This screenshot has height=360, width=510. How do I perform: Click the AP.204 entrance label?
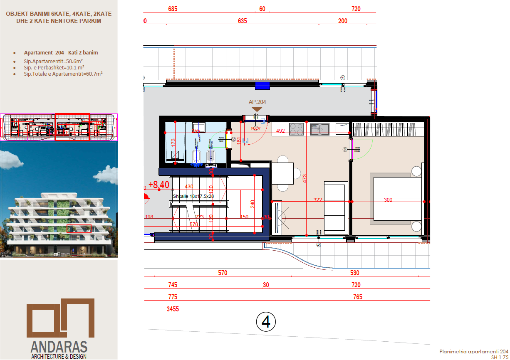[257, 102]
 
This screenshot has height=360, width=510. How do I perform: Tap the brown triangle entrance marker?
[257, 109]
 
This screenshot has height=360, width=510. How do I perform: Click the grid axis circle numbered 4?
[266, 321]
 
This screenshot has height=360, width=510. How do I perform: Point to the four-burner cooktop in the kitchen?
[296, 129]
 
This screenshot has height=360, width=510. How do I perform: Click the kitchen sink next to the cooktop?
[319, 129]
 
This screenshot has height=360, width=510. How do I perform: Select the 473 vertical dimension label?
[305, 178]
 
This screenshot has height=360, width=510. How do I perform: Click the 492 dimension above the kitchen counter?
[280, 131]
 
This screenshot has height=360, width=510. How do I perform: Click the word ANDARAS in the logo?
[59, 347]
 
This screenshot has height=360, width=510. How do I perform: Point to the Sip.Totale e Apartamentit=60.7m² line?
[63, 74]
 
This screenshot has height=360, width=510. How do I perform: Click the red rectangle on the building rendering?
[79, 229]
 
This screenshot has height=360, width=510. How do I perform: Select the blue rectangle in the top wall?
[262, 85]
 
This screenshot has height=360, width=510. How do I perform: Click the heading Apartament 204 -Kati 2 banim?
[61, 53]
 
